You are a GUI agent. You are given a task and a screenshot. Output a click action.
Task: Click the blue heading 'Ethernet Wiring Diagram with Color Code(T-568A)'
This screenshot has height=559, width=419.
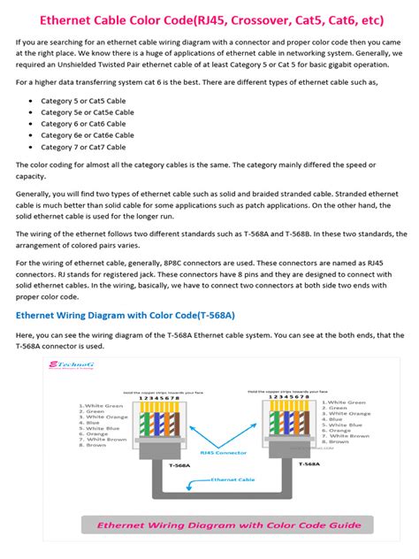126,315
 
